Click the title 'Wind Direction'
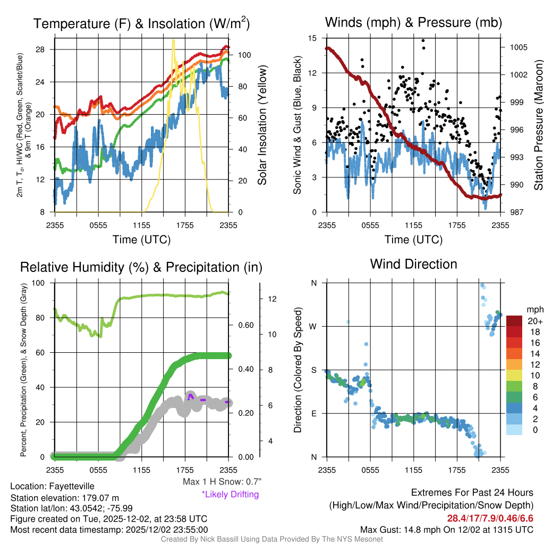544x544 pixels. [x=413, y=264]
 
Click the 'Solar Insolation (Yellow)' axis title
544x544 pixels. [x=262, y=125]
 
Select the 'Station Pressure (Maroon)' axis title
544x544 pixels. [x=538, y=125]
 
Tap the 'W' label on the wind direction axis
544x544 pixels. [x=313, y=326]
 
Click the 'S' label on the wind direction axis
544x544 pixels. [x=313, y=370]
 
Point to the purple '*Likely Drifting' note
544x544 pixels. [x=230, y=495]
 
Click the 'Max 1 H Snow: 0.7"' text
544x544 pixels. [x=222, y=482]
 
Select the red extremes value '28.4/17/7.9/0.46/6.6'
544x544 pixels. [x=489, y=517]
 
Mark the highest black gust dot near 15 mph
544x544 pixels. [x=423, y=40]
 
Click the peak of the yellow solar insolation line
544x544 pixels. [x=173, y=40]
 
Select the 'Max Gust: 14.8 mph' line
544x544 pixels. [x=446, y=530]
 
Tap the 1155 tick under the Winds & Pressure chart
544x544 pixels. [x=413, y=225]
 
